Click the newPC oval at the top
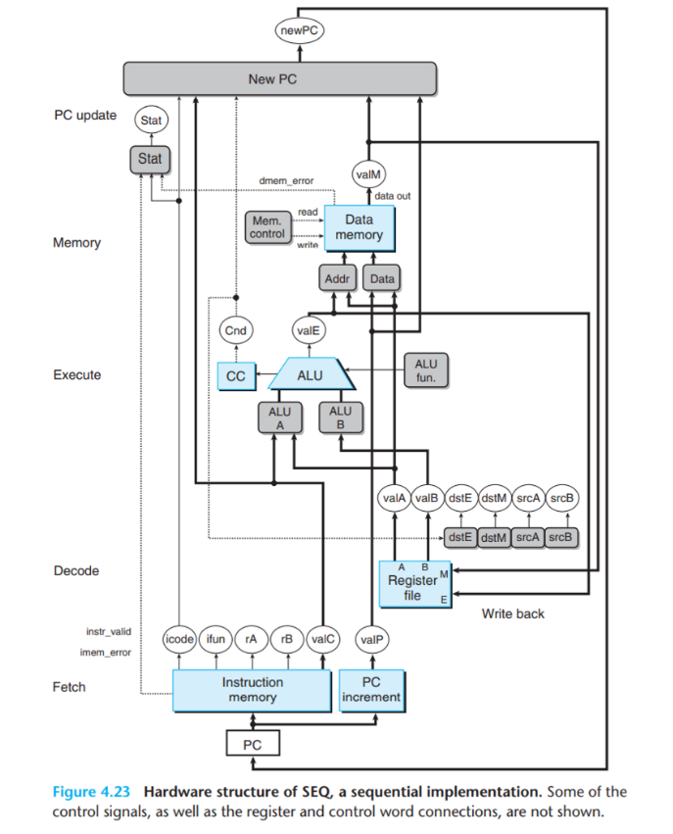300,30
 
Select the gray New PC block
279,78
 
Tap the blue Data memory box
360,228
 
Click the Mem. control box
267,227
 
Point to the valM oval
368,174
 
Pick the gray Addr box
338,278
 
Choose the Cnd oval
235,330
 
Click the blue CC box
236,376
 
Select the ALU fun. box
426,370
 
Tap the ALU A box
280,418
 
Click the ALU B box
341,417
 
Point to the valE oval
309,330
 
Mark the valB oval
427,498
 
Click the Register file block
414,584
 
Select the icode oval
179,639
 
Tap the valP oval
371,639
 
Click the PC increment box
371,690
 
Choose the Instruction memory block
252,690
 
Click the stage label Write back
513,613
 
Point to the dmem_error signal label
286,181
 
